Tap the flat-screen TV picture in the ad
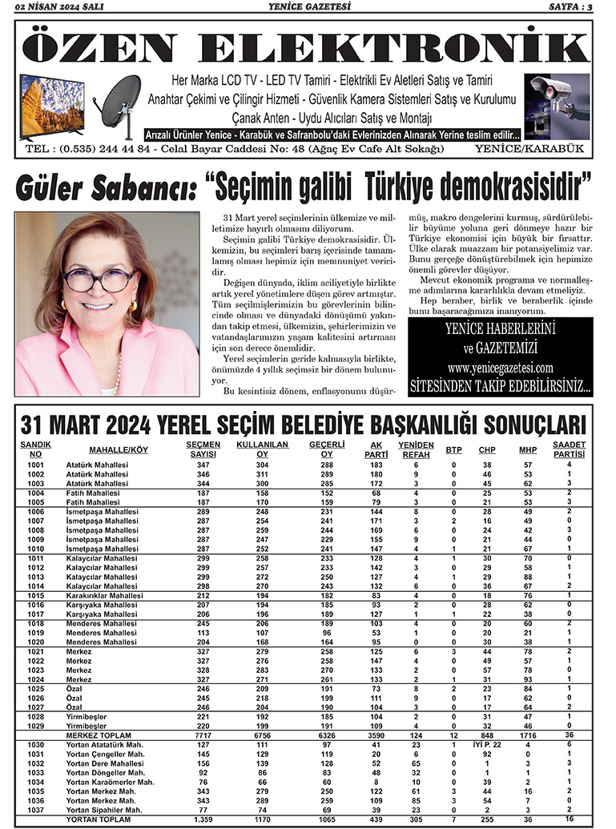pyautogui.click(x=52, y=106)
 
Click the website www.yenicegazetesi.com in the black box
pyautogui.click(x=501, y=368)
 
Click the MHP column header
pyautogui.click(x=528, y=450)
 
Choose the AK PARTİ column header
pyautogui.click(x=376, y=449)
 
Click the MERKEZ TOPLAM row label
pyautogui.click(x=99, y=734)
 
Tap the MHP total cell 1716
pyautogui.click(x=528, y=734)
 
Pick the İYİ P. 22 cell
pyautogui.click(x=487, y=744)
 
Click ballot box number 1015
pyautogui.click(x=35, y=595)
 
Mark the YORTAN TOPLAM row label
pyautogui.click(x=98, y=819)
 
